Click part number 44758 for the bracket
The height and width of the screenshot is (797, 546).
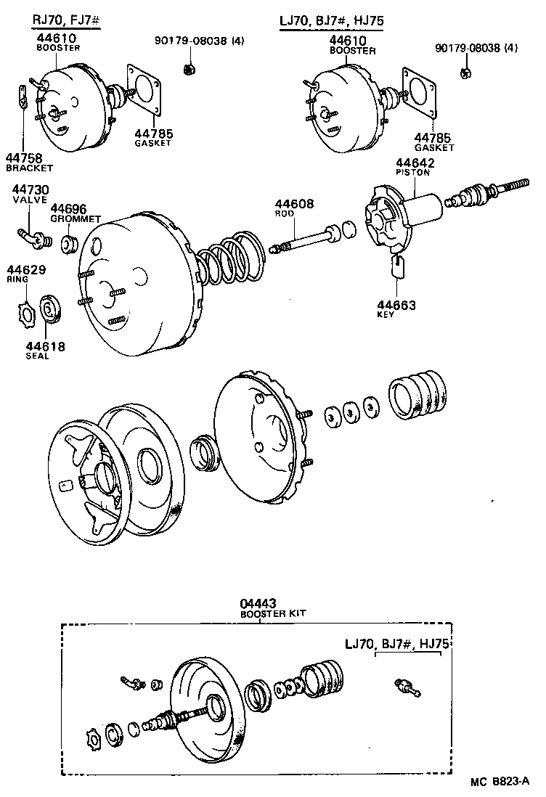24,158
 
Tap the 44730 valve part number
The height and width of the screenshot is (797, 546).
30,189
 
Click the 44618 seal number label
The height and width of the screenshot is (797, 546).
45,347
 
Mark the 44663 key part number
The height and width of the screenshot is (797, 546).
396,306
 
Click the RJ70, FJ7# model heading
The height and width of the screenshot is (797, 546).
65,21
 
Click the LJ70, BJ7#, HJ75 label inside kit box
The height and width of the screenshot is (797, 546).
397,644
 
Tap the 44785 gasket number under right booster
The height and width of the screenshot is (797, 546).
433,136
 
